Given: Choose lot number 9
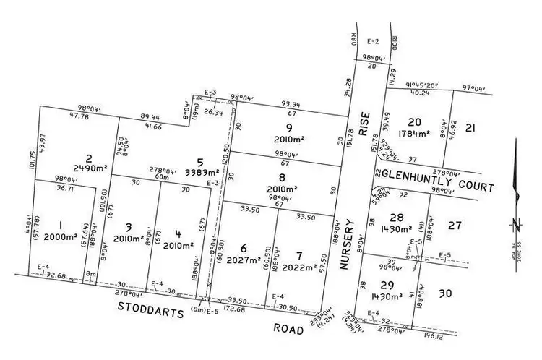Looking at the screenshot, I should click(x=288, y=130).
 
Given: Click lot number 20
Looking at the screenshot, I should click(x=414, y=121).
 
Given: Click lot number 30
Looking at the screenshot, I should click(x=445, y=293).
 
